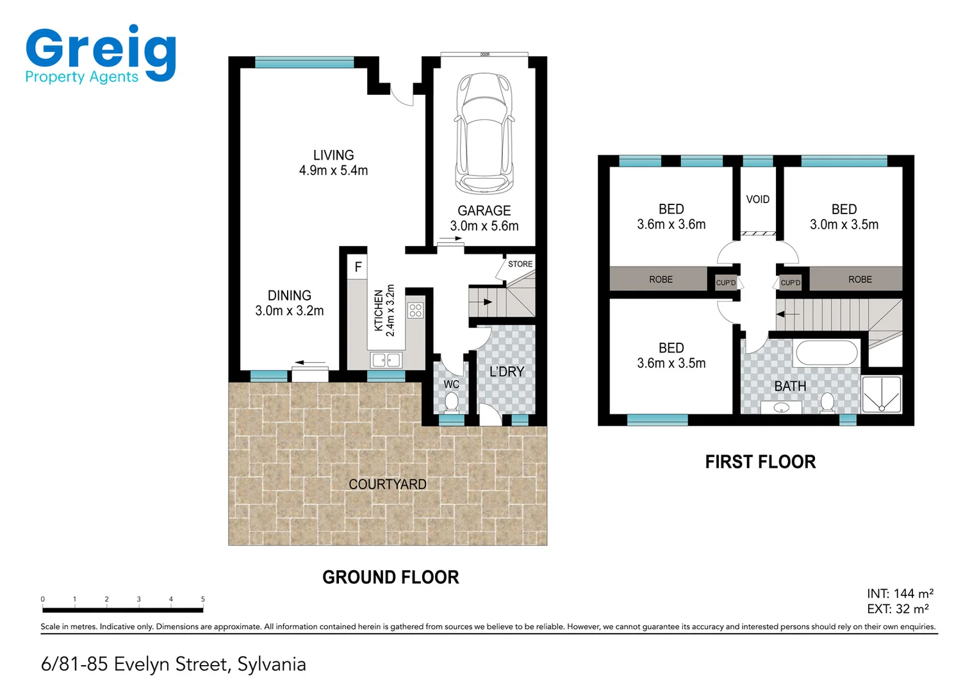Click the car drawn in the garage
(x=484, y=133)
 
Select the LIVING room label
(x=333, y=156)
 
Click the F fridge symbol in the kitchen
(x=358, y=267)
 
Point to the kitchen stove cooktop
(x=415, y=311)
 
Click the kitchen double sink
(x=386, y=360)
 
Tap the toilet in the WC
(x=451, y=402)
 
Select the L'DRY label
(x=506, y=372)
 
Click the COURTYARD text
(x=387, y=484)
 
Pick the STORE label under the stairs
(x=520, y=264)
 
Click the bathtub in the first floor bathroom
(x=826, y=353)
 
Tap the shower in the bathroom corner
(x=882, y=394)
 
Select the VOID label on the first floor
(x=757, y=200)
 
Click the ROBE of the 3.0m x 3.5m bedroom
(x=860, y=279)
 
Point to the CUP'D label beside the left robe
(x=725, y=283)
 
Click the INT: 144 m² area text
(x=900, y=593)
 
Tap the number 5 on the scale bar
(x=203, y=599)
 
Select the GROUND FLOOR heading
(x=390, y=577)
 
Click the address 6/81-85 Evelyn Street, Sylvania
(x=174, y=664)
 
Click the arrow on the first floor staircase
(x=787, y=314)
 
